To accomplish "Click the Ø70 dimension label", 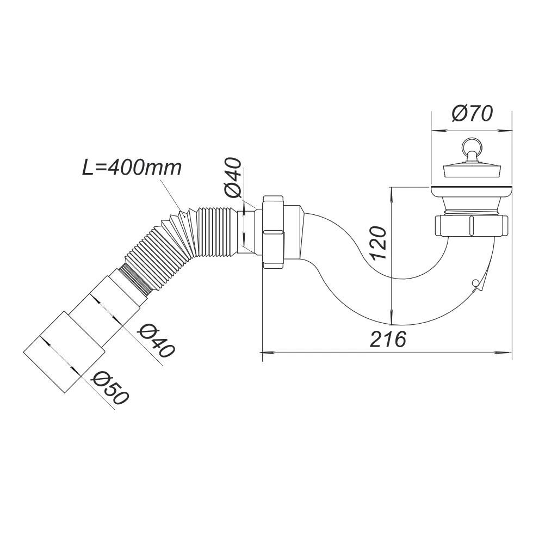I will [472, 114].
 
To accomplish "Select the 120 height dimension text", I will [379, 243].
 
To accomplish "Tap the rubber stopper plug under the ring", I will [471, 170].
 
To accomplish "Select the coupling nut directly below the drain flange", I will [471, 226].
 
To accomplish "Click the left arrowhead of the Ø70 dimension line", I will [434, 131].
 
